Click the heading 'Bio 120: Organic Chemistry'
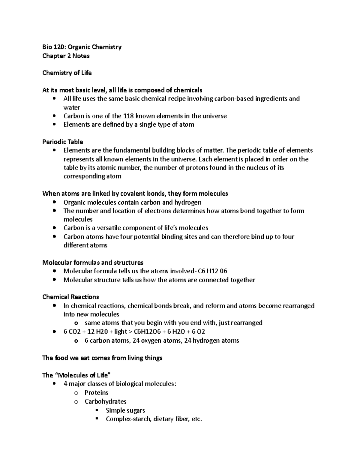click(x=82, y=47)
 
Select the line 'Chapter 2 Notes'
click(x=66, y=56)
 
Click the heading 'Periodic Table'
click(x=63, y=142)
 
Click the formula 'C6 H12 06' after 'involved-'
click(x=212, y=271)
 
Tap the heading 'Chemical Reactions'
click(x=70, y=297)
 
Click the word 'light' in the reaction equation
click(x=121, y=332)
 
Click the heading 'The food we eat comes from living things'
click(x=102, y=358)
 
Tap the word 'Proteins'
click(x=96, y=393)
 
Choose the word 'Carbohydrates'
click(x=105, y=401)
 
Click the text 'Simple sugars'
click(x=125, y=410)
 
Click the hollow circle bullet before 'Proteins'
click(x=76, y=393)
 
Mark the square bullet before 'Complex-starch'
click(x=97, y=419)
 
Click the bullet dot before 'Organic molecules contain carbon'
click(x=54, y=202)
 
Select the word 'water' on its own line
click(x=72, y=107)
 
